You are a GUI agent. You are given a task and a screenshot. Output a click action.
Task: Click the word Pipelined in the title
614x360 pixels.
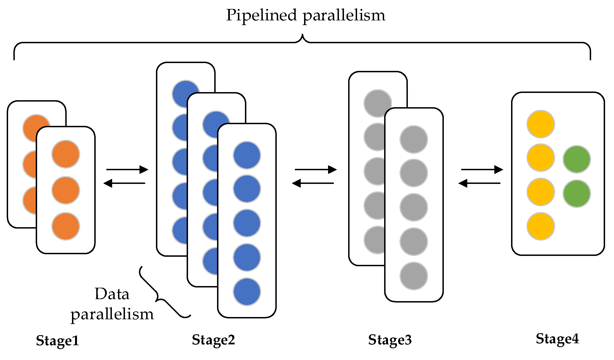(x=261, y=15)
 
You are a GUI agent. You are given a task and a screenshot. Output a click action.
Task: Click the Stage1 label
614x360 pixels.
(x=57, y=341)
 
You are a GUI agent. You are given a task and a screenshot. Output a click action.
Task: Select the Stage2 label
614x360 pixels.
(x=213, y=340)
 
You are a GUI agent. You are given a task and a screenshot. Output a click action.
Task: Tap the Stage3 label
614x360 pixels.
(x=390, y=340)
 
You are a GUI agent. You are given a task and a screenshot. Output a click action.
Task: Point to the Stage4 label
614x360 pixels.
(x=557, y=339)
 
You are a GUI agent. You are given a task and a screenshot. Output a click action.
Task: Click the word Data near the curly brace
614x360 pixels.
(x=112, y=294)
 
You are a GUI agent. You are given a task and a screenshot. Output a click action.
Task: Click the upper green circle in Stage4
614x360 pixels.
(x=577, y=159)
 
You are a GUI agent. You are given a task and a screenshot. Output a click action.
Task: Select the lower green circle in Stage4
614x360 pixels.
(x=577, y=193)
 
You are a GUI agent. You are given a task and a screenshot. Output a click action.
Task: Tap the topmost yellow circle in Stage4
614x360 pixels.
(x=541, y=124)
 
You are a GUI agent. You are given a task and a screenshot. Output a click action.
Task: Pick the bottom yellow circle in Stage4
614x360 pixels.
(x=541, y=226)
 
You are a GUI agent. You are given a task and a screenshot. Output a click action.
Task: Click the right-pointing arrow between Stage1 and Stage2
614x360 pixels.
(x=127, y=169)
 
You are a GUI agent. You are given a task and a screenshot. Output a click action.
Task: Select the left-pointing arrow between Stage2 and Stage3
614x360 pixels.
(x=313, y=183)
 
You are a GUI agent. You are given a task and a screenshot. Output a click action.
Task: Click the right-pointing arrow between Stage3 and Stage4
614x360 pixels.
(x=482, y=169)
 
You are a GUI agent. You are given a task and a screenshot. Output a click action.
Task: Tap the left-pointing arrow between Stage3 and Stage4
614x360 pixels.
(x=479, y=183)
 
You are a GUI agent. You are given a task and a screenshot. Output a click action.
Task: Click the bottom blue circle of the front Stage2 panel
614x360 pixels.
(x=247, y=292)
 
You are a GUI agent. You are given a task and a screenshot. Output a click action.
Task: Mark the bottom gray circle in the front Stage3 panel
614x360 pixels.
(x=413, y=276)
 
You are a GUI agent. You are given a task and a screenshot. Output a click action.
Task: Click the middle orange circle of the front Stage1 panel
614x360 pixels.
(x=66, y=190)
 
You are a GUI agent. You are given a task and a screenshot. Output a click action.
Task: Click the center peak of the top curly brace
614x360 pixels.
(x=302, y=36)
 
